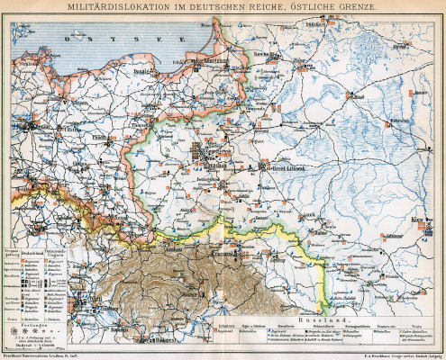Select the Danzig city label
tap(145, 67)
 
